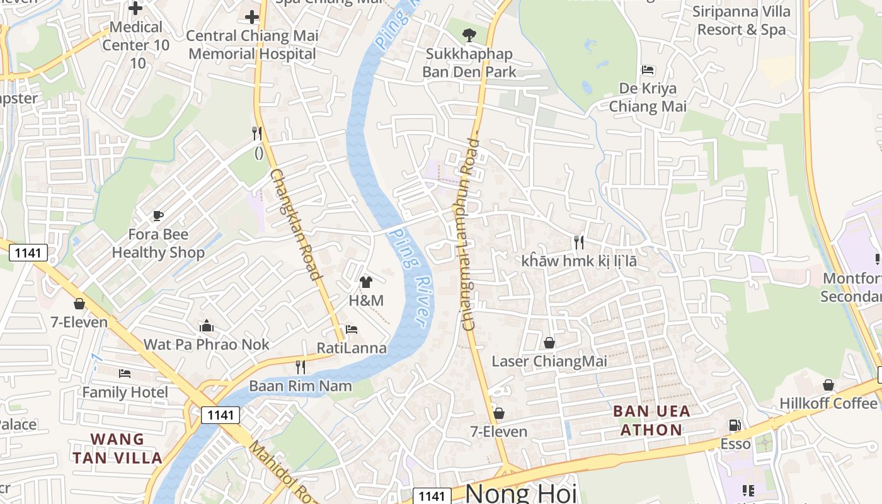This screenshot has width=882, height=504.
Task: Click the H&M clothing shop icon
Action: (x=366, y=282)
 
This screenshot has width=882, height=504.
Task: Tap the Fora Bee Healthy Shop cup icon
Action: (x=158, y=216)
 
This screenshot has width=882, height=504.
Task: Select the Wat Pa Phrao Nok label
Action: (x=206, y=344)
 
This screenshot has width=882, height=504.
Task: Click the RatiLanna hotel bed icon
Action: (x=352, y=329)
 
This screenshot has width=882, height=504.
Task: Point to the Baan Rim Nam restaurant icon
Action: (x=301, y=367)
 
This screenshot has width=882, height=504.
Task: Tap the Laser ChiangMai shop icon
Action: (x=549, y=343)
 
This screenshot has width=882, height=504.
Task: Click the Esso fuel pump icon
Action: (x=735, y=425)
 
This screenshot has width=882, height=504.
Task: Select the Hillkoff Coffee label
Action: (x=828, y=403)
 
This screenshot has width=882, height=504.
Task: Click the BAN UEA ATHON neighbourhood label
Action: (x=651, y=421)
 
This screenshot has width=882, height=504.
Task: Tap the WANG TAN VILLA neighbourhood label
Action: (x=117, y=448)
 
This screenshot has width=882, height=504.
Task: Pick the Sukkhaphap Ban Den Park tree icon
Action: (x=469, y=35)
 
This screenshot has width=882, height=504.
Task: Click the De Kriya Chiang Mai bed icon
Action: (x=648, y=69)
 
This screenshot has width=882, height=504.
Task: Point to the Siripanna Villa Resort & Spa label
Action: (x=739, y=20)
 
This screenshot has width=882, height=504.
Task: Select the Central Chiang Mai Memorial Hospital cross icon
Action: (x=252, y=17)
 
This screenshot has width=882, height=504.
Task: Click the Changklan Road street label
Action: (x=296, y=224)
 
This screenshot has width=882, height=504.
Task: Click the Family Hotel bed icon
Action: (x=125, y=374)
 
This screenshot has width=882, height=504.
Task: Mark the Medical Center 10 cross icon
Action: (x=135, y=8)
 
